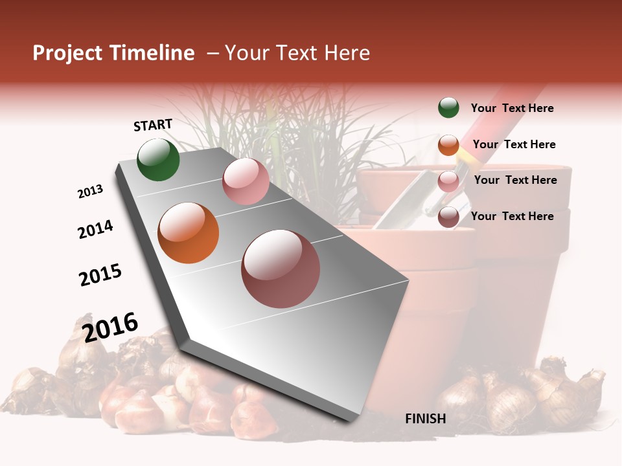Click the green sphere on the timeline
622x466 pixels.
tap(158, 159)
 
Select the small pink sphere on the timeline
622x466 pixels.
tap(246, 181)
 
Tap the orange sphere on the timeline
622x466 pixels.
tap(188, 232)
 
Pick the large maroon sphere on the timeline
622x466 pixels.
tap(281, 269)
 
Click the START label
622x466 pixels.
tap(153, 125)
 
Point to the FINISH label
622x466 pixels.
tap(425, 419)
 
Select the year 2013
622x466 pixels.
tap(90, 192)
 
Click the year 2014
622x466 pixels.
tap(95, 229)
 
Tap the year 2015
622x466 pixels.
tap(100, 275)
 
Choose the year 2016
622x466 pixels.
tap(110, 327)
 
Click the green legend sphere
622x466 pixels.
tap(448, 107)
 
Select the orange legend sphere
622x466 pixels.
tap(448, 145)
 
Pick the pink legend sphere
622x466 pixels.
tap(448, 181)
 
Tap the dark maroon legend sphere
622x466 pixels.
tap(448, 217)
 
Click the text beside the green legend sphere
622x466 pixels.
tap(512, 108)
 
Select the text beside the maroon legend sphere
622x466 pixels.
tap(512, 216)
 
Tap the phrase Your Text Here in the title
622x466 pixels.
tap(297, 53)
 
